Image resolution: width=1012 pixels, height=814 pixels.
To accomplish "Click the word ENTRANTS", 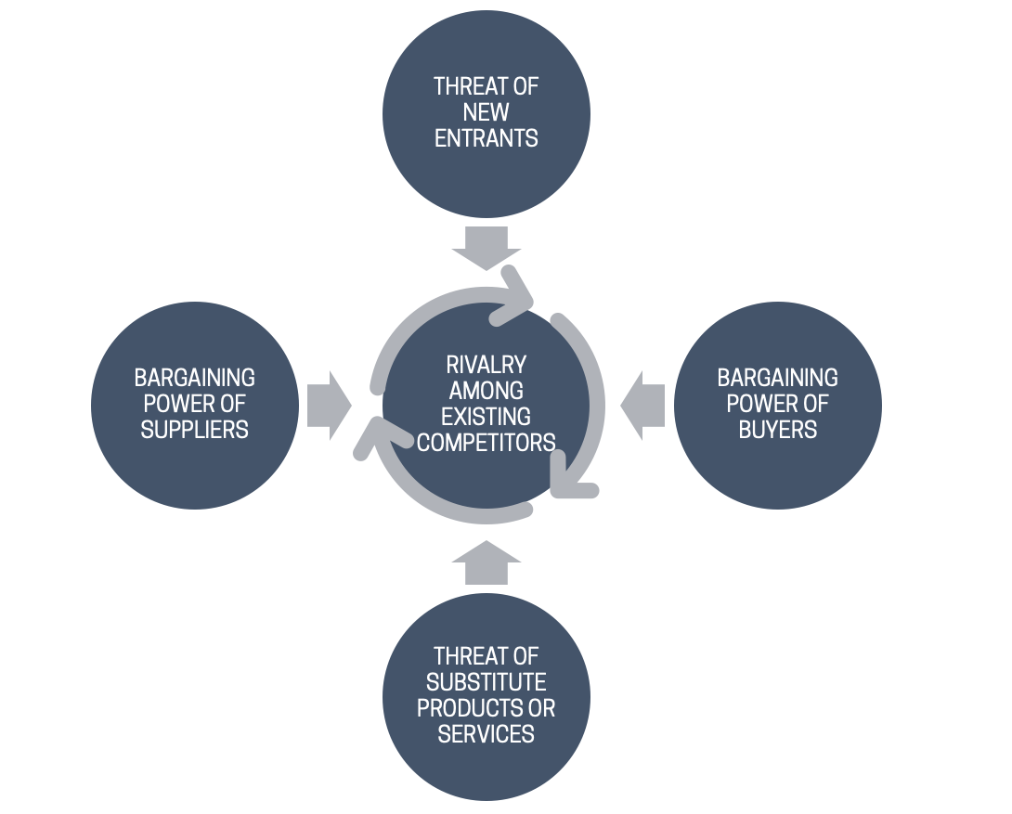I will (487, 138).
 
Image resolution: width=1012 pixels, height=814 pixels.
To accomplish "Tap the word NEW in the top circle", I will (487, 112).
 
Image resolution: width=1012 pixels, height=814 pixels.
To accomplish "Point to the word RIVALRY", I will (487, 364).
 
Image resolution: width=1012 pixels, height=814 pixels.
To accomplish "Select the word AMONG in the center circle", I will (487, 390).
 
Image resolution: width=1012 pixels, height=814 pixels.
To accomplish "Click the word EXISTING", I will (487, 416).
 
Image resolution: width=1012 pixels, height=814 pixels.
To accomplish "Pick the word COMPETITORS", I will (487, 442).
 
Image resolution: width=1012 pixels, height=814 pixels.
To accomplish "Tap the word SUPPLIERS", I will (195, 430).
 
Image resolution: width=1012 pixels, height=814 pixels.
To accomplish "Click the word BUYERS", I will (778, 430).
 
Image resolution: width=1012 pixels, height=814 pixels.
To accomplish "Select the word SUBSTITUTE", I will (487, 682).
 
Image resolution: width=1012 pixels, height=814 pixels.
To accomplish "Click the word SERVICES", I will (487, 734).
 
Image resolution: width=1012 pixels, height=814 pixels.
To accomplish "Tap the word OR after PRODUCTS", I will (541, 708).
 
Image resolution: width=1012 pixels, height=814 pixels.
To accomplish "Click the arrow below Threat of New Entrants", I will (487, 246).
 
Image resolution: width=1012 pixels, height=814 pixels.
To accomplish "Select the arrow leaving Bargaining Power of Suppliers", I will (328, 406).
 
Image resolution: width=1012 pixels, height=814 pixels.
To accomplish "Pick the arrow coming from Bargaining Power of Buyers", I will (643, 406).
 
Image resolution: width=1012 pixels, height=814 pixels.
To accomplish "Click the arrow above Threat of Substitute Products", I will (487, 562).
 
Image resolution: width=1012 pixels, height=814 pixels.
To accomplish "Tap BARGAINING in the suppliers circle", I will (195, 378).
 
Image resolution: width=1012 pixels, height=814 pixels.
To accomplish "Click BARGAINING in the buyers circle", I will (778, 378).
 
